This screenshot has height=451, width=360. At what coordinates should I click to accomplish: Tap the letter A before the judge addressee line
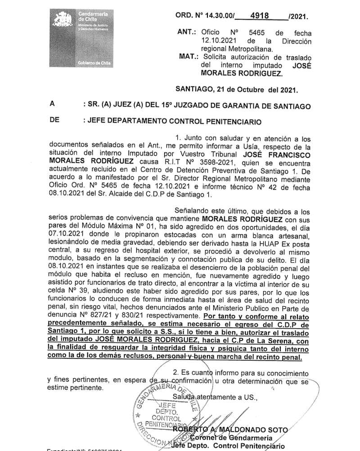53,105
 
